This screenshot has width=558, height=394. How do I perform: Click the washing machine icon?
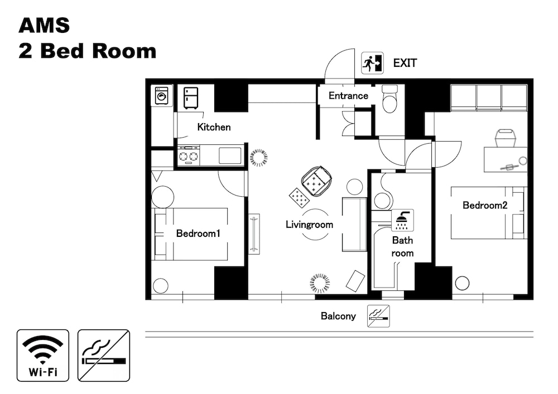pos(162,95)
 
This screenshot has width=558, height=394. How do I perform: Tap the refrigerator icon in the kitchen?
pos(191,98)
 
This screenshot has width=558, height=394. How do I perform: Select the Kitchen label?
pos(214,127)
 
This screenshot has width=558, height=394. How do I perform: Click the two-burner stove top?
pos(189,155)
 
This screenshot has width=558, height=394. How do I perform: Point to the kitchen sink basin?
pos(230,155)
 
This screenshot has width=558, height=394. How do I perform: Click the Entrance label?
pos(348,95)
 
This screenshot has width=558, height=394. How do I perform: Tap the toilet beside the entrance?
pos(389,99)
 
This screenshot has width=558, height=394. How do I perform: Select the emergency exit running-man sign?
pos(372,63)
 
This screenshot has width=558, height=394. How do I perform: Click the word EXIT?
pos(405,63)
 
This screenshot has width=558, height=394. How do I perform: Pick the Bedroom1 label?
pos(198,233)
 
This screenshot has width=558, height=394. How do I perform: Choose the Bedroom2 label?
pos(485,205)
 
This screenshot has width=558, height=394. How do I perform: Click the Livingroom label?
pos(309,225)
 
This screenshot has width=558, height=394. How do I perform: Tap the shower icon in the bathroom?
pos(402,220)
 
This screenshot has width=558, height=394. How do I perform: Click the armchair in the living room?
pos(316,181)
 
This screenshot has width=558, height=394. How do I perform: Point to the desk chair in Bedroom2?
pos(506,138)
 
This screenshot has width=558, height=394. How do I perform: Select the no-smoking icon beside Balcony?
pos(378,316)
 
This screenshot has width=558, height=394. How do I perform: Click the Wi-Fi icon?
pos(43,356)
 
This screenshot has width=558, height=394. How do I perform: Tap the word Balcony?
pos(338,316)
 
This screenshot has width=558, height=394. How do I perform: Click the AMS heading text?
pos(44,25)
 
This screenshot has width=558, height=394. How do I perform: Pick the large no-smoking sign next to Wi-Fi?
pos(104,356)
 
